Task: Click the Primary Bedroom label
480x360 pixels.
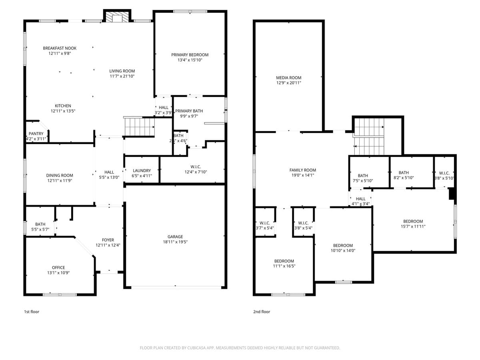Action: (190, 55)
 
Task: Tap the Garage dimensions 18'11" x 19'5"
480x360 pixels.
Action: (175, 242)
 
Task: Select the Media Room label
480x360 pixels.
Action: (288, 78)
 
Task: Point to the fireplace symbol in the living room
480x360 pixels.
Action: (117, 18)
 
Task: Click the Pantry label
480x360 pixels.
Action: (36, 134)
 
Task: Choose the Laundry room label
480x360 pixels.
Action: (142, 170)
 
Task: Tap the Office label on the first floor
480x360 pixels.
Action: (58, 268)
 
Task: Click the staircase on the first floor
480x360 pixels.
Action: (139, 127)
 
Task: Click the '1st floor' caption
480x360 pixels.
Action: (32, 312)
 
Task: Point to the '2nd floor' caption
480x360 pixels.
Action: (262, 312)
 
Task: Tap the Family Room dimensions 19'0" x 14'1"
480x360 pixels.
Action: (303, 175)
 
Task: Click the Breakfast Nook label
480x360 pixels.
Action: (60, 48)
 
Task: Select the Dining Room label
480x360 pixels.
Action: (60, 175)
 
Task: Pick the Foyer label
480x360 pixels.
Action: (108, 240)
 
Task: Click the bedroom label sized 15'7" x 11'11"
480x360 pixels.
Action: (413, 221)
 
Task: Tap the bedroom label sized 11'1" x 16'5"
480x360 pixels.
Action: (284, 261)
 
